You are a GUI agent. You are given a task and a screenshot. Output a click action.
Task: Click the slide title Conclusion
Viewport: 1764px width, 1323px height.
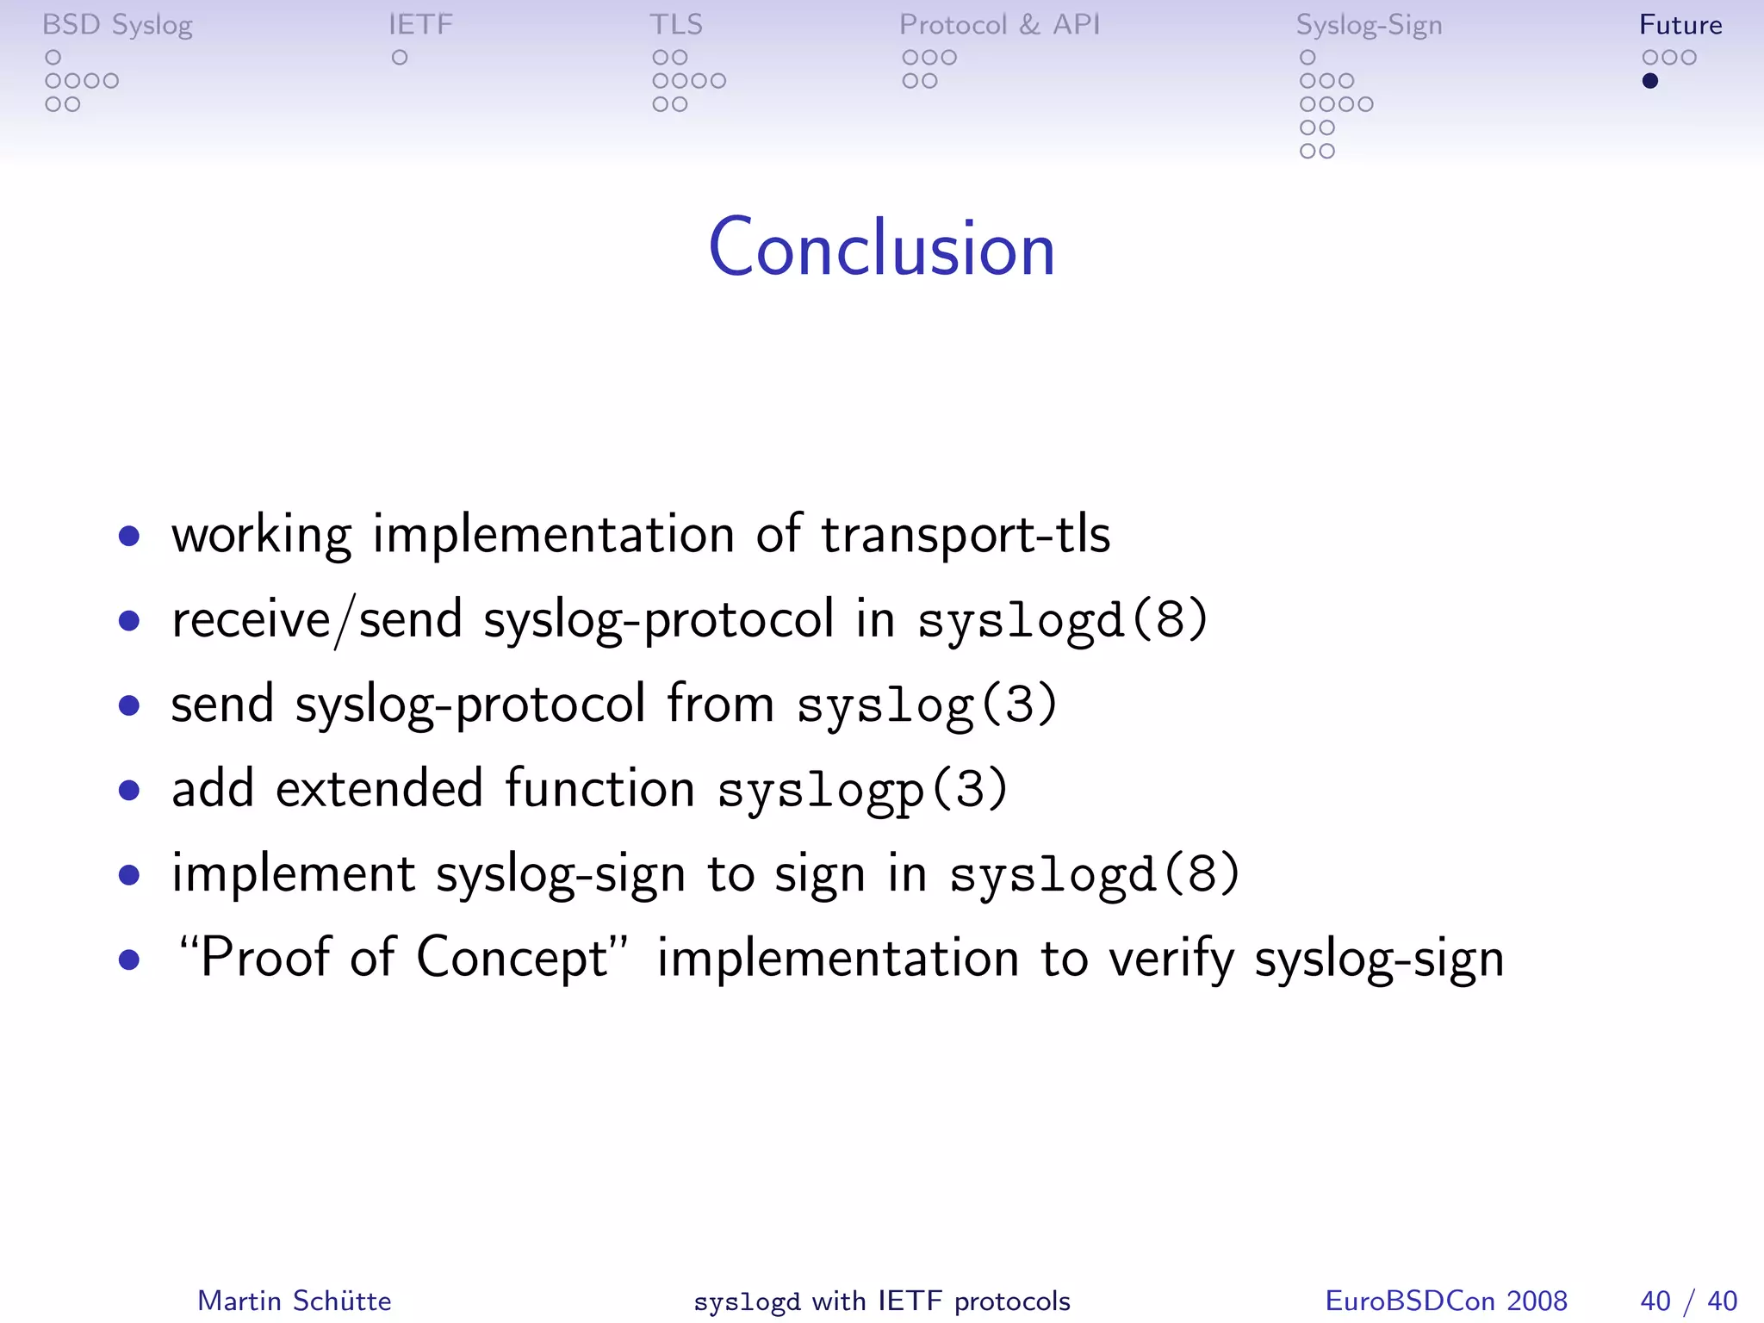pyautogui.click(x=881, y=248)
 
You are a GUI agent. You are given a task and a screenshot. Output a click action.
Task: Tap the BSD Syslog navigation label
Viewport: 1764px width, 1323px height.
pyautogui.click(x=117, y=25)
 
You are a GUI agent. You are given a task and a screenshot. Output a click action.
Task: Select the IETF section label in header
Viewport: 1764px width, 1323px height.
pyautogui.click(x=420, y=25)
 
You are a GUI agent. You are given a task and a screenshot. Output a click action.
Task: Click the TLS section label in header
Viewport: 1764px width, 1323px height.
pyautogui.click(x=676, y=25)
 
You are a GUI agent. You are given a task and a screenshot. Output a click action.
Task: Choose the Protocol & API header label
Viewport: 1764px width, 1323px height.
pyautogui.click(x=999, y=25)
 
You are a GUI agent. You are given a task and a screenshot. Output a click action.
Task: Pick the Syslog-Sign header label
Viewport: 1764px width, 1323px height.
pyautogui.click(x=1369, y=25)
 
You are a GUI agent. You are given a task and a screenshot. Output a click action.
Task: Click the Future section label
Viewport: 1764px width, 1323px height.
pyautogui.click(x=1680, y=25)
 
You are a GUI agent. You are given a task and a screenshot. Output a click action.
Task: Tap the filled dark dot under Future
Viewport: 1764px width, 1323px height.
pyautogui.click(x=1649, y=81)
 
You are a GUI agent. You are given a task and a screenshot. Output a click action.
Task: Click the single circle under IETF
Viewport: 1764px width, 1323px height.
pyautogui.click(x=400, y=58)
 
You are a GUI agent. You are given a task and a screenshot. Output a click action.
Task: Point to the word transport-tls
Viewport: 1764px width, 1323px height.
pyautogui.click(x=965, y=535)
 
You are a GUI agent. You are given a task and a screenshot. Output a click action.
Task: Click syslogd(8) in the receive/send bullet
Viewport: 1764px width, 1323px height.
pyautogui.click(x=1063, y=620)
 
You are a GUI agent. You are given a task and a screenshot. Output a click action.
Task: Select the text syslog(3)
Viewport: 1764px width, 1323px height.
pyautogui.click(x=927, y=705)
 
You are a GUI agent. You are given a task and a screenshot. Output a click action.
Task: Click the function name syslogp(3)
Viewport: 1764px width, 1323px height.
pyautogui.click(x=862, y=790)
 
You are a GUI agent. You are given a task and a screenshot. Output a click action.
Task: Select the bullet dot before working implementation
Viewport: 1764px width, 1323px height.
pyautogui.click(x=129, y=537)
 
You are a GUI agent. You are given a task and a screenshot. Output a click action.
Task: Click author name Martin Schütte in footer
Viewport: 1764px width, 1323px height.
pyautogui.click(x=295, y=1301)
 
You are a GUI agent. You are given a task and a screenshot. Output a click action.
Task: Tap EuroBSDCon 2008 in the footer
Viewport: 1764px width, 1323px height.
pyautogui.click(x=1445, y=1301)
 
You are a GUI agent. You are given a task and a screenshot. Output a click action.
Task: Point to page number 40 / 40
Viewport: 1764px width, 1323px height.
pyautogui.click(x=1688, y=1301)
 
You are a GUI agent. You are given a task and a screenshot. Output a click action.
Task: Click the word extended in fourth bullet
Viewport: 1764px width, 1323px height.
pyautogui.click(x=379, y=788)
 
